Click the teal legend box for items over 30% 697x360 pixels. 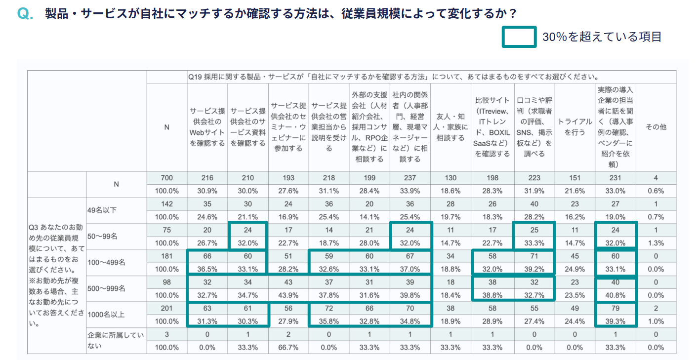coord(519,37)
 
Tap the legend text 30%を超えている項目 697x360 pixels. coord(602,37)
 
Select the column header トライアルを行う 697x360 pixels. coord(575,127)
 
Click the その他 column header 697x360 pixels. coord(656,127)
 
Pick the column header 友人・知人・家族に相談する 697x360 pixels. coord(450,127)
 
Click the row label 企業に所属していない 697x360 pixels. coord(116,340)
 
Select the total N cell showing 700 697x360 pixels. coord(166,178)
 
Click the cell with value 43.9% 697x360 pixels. coord(288,295)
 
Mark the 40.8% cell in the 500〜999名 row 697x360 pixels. coord(615,295)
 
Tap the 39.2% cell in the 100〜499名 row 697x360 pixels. coord(534,269)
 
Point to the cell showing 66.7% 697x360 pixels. coord(288,348)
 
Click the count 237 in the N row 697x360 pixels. coord(410,178)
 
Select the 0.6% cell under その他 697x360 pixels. coord(656,191)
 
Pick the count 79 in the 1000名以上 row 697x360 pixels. coord(615,309)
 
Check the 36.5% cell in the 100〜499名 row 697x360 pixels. coord(207,269)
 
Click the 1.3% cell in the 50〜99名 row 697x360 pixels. coord(656,243)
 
